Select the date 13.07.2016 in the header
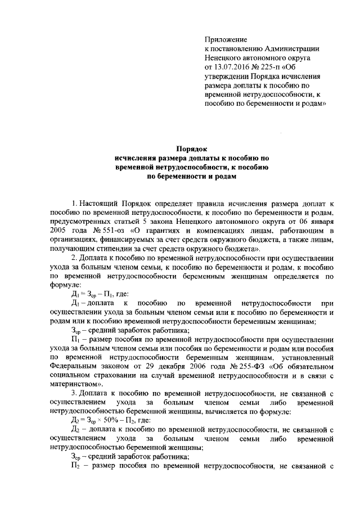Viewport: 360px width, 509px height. click(231, 67)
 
